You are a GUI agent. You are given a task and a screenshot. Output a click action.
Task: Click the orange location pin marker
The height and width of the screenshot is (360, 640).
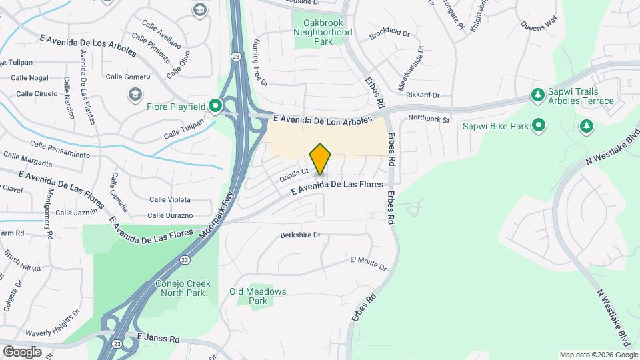[x=321, y=159]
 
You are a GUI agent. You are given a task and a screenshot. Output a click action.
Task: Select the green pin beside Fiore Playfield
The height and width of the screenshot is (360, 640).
[x=215, y=105]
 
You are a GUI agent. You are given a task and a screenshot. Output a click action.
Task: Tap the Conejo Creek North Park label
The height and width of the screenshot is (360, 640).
[x=183, y=288]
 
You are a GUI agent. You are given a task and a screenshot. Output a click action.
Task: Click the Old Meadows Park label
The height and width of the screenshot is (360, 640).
[x=258, y=296]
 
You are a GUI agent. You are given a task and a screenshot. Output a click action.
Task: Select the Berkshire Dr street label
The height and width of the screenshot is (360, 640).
[x=301, y=235]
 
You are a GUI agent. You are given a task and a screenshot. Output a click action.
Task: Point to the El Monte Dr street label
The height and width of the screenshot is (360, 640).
[x=368, y=263]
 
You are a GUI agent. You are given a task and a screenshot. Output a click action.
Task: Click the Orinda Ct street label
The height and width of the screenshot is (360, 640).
[x=294, y=173]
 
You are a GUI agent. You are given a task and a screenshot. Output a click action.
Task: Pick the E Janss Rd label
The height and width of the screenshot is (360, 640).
[x=158, y=339]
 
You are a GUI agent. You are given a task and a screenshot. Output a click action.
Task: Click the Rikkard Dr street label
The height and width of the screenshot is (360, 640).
[x=423, y=95]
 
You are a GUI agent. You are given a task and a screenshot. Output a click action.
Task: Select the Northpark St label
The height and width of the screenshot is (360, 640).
[x=429, y=119]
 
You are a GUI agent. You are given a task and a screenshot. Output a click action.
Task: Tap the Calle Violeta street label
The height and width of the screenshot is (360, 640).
[x=169, y=199]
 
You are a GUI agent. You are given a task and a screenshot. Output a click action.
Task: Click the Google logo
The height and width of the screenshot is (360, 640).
[x=22, y=351]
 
